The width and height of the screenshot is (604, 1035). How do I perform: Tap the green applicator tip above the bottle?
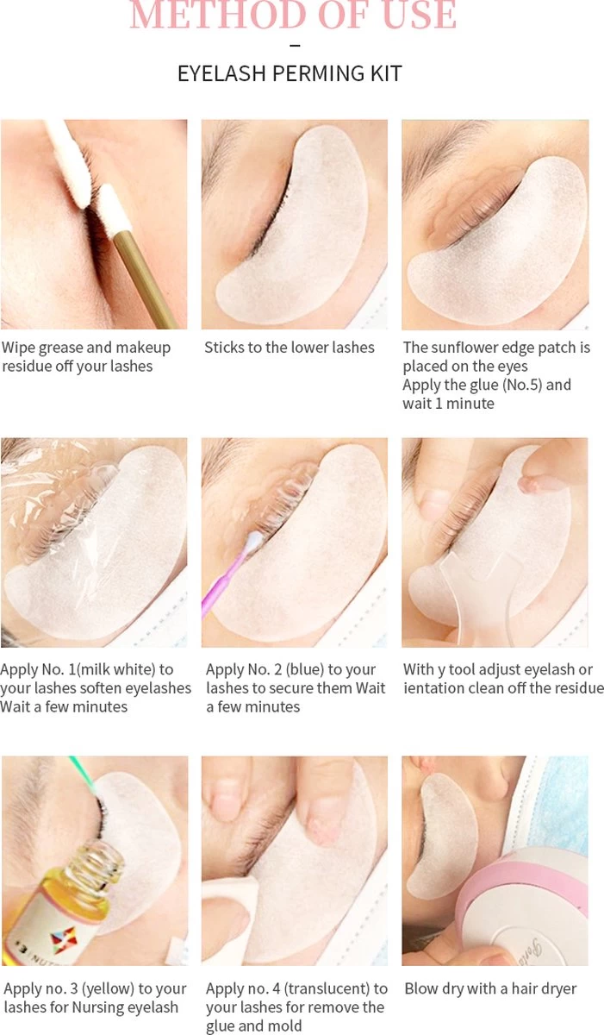83,771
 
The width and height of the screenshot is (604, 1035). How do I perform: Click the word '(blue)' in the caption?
305,669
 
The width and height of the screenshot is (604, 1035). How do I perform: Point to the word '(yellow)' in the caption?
108,988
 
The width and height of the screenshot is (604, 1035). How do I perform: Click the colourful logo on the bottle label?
63,940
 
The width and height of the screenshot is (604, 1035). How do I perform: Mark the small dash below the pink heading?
296,45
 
